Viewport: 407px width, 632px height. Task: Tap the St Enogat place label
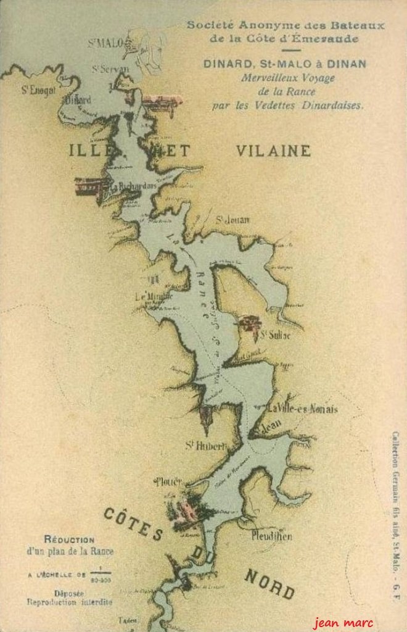click(x=38, y=90)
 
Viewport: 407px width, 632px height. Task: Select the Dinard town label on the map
click(x=78, y=99)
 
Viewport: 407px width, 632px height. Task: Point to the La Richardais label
click(x=132, y=185)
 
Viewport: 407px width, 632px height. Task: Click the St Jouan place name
click(x=232, y=220)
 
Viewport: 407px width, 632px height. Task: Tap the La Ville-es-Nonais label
click(x=302, y=409)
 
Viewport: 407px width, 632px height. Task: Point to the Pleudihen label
click(x=271, y=536)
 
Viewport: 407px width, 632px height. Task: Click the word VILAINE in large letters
click(x=273, y=151)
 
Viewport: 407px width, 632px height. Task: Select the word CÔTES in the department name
click(x=133, y=523)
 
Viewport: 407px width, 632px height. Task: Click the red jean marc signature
click(x=342, y=622)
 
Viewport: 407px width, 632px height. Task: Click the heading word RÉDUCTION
click(x=69, y=539)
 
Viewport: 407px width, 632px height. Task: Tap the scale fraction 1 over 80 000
click(x=100, y=575)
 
